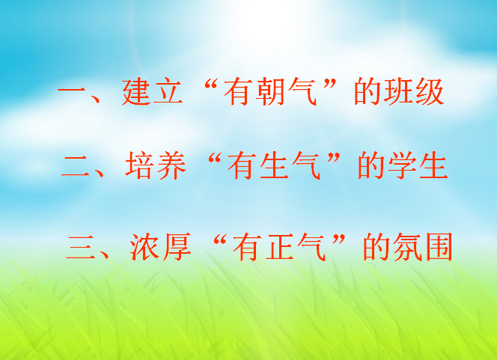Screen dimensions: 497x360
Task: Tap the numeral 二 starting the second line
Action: coord(76,166)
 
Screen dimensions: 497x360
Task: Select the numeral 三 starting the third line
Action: coord(81,248)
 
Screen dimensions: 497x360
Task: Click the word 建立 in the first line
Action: coord(152,92)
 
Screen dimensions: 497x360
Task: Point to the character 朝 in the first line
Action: coord(269,92)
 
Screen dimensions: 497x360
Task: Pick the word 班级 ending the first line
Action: coord(414,92)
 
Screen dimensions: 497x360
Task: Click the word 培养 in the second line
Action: coord(156,165)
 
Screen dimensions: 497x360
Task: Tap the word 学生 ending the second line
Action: coord(418,165)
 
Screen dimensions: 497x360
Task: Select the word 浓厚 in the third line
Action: coord(160,247)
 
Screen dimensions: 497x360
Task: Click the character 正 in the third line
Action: coord(279,247)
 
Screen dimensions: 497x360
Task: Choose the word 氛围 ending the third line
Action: coord(423,247)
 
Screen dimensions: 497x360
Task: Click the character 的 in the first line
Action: coord(367,92)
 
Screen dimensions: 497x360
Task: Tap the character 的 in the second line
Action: coord(371,165)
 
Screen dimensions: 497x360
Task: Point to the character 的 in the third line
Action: coord(376,247)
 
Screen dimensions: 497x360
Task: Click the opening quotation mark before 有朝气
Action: coord(212,85)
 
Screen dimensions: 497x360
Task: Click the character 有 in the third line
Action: coord(247,247)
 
